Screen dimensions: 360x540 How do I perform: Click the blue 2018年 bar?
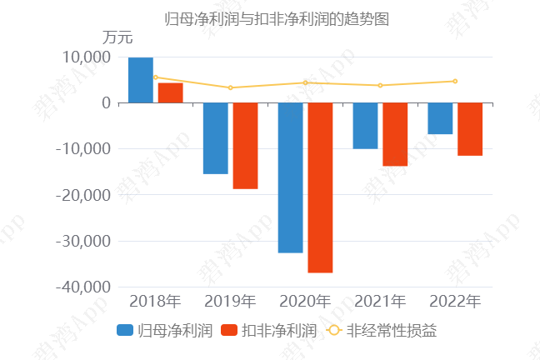pos(140,80)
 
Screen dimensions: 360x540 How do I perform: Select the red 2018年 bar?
pos(170,92)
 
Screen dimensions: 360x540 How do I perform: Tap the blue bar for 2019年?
pos(215,138)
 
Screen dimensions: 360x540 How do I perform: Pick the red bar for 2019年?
pos(245,146)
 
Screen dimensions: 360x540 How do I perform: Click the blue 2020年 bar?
pos(290,177)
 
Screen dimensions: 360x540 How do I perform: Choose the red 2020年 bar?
pos(320,187)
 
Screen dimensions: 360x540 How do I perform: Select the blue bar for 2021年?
pos(365,126)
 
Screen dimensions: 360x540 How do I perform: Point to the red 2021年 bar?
pos(395,134)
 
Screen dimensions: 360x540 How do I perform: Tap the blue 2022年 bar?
pos(440,118)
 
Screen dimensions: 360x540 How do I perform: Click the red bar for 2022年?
pos(470,129)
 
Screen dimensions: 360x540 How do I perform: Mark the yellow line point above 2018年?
pos(155,77)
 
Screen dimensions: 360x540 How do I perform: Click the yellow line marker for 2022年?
pos(455,81)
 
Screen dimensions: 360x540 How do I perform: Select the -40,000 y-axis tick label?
pos(82,287)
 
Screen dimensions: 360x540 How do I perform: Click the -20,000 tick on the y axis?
pos(82,195)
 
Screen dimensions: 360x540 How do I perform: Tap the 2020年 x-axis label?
pos(305,301)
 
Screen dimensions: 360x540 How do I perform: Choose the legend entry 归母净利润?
pos(166,330)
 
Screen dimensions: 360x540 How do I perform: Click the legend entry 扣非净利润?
pos(270,330)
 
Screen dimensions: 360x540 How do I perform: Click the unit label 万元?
pos(117,37)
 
